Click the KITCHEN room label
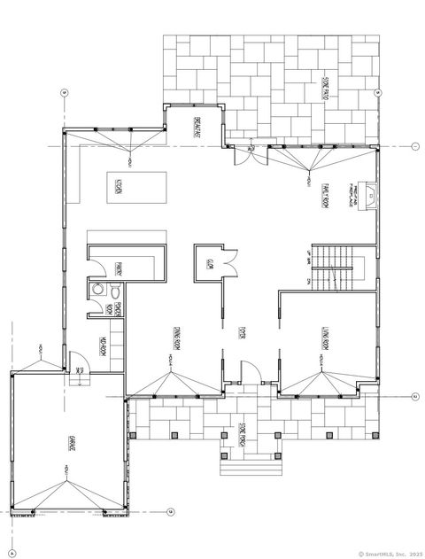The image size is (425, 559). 118,186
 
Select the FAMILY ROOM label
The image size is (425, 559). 325,189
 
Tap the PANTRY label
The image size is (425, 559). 118,265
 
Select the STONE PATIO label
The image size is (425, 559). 325,86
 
